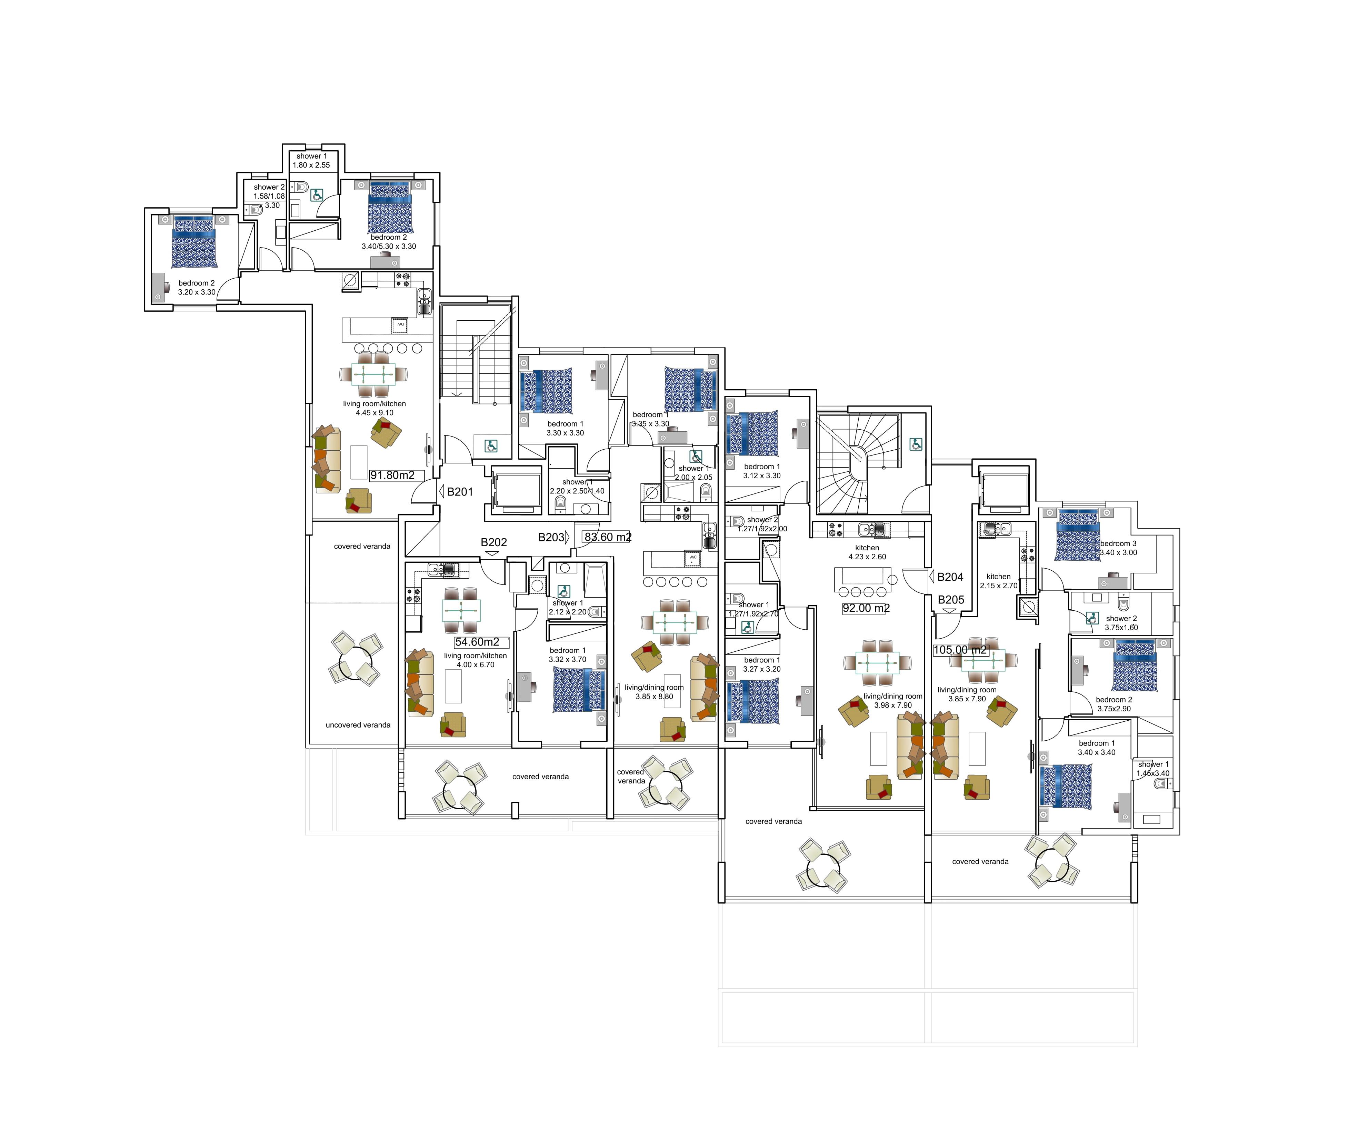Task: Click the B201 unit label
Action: (459, 492)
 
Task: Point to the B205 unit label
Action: (950, 600)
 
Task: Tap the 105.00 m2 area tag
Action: (960, 650)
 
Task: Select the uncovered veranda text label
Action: (358, 725)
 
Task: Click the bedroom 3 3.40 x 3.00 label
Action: (1118, 548)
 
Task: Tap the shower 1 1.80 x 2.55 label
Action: (311, 160)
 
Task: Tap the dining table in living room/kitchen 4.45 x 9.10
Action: (373, 374)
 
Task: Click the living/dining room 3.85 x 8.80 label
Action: (654, 692)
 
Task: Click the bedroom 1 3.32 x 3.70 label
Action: (567, 654)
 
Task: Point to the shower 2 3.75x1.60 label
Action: (1120, 623)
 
